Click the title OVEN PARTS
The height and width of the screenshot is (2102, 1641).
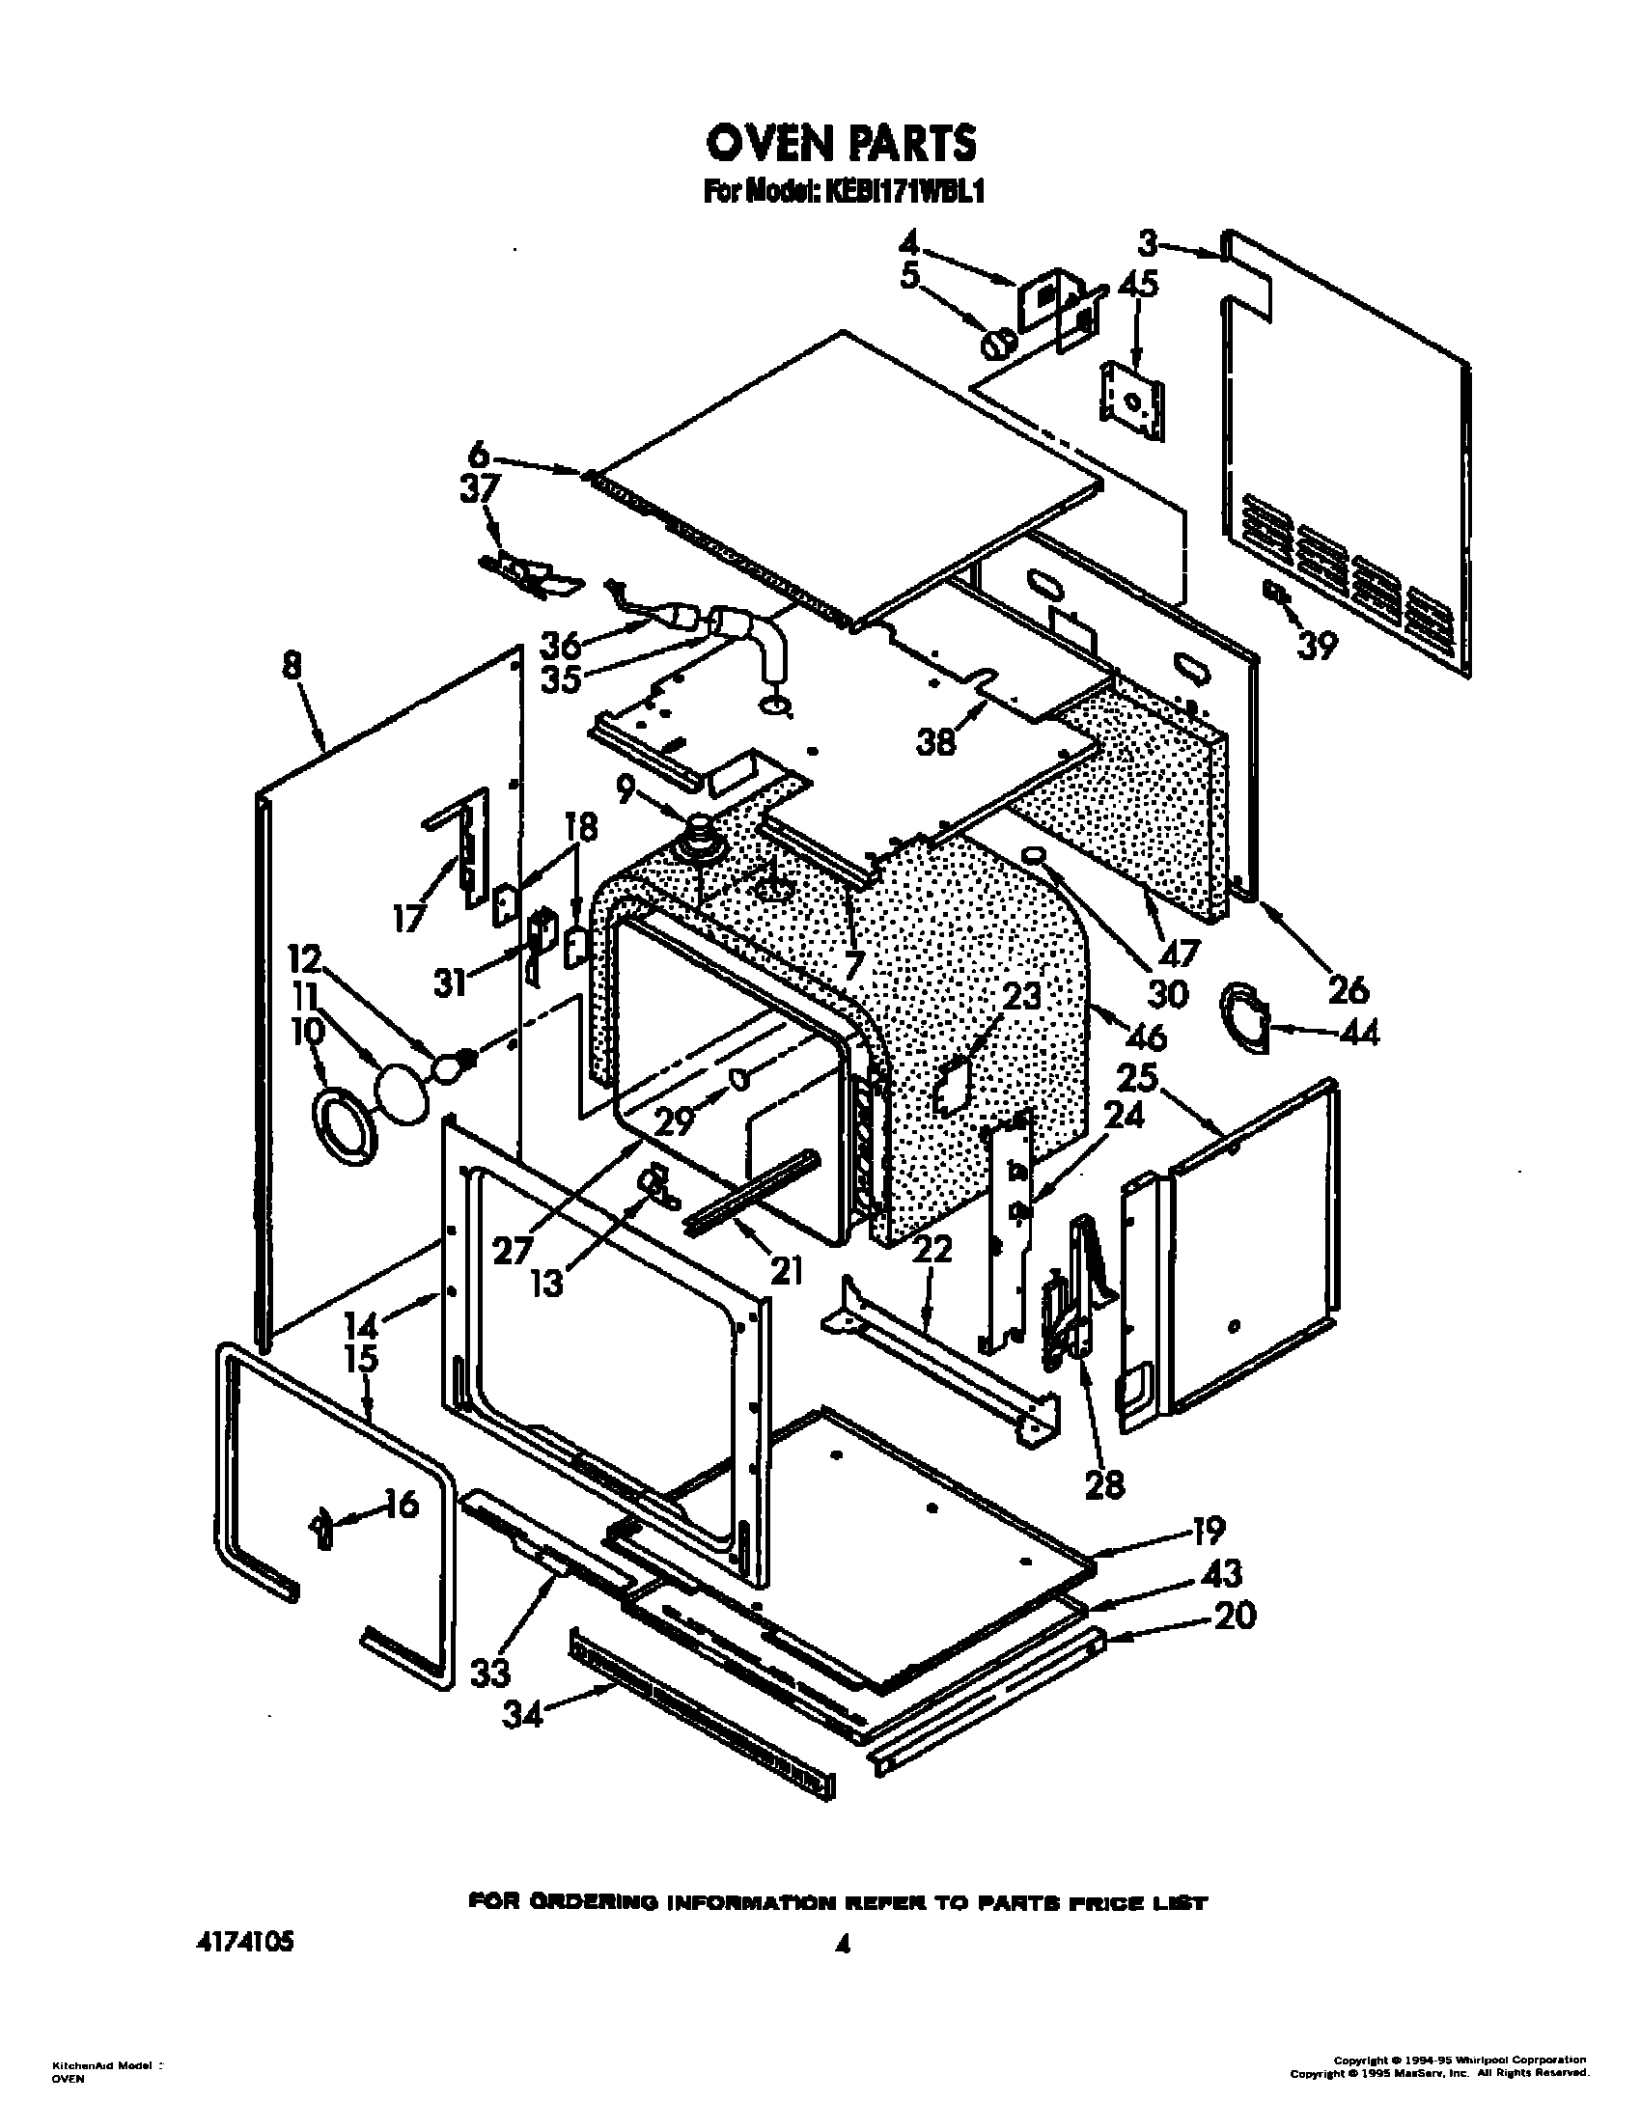tap(841, 144)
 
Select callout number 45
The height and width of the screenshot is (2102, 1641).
tap(1139, 286)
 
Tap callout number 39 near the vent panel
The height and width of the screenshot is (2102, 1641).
tap(1317, 645)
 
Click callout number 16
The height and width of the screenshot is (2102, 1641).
tap(401, 1504)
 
